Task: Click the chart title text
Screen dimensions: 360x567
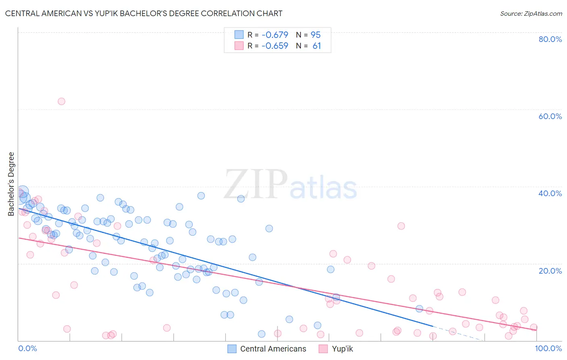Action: tap(144, 13)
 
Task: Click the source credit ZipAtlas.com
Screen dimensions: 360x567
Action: tap(531, 13)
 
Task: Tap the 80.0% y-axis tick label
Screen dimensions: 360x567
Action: tap(550, 39)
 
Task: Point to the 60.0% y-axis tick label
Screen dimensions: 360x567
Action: tap(550, 116)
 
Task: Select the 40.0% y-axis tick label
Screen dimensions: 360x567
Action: tap(550, 193)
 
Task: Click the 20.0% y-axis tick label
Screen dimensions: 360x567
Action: tap(550, 271)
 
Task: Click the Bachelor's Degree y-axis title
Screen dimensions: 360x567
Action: tap(11, 184)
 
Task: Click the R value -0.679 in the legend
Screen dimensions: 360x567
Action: tap(275, 35)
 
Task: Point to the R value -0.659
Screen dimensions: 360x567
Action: tap(275, 46)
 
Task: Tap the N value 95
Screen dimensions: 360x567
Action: tap(316, 35)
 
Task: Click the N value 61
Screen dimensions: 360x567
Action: tap(317, 46)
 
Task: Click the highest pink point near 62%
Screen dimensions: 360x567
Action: tap(61, 101)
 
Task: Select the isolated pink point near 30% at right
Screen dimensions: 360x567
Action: tap(401, 226)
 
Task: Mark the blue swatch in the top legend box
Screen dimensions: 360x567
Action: tap(239, 35)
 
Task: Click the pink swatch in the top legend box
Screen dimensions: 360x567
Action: tap(239, 46)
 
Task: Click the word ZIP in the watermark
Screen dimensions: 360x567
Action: tap(256, 184)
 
